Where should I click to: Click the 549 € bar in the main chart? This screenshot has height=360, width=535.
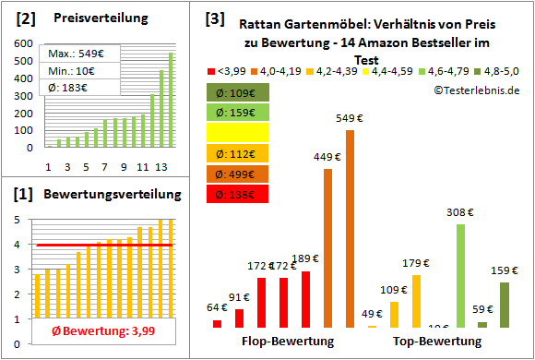point(350,229)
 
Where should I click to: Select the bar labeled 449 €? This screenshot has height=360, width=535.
point(327,248)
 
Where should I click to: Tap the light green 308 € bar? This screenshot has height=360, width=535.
point(460,275)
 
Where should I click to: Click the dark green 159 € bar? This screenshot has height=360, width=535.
point(504,305)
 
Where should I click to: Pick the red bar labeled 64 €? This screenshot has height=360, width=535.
point(217,323)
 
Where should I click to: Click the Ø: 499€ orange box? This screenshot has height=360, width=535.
point(238,174)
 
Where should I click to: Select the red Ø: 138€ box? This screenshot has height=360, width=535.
point(238,194)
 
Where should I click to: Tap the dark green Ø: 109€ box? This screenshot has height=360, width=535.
point(238,92)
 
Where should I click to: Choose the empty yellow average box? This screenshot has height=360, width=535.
point(238,133)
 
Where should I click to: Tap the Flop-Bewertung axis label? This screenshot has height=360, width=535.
point(287,342)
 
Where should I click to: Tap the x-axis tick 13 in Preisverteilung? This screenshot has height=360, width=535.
point(161,166)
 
